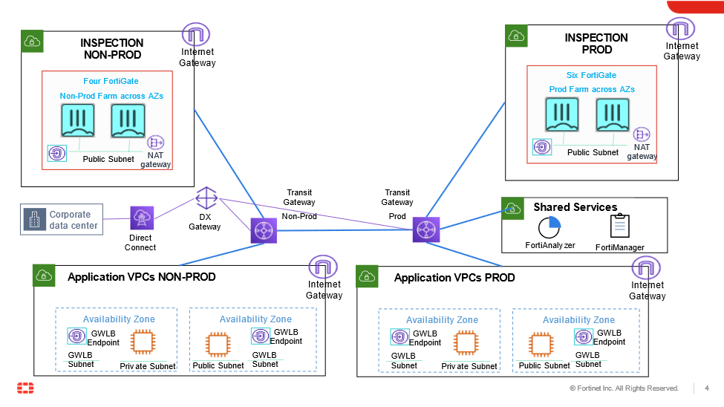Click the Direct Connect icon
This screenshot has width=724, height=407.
pos(141,218)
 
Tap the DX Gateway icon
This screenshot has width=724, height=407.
pos(206,198)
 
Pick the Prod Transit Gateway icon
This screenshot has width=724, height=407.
pos(426,229)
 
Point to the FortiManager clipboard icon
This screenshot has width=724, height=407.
pos(619,227)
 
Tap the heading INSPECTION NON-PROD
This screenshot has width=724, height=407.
pos(111,49)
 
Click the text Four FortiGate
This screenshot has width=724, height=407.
pos(111,81)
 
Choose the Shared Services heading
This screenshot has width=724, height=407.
pos(575,207)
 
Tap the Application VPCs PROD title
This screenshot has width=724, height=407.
pos(454,278)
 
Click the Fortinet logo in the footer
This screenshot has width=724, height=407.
pos(25,388)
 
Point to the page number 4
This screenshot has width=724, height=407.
pos(707,388)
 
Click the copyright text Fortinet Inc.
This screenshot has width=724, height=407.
pos(624,388)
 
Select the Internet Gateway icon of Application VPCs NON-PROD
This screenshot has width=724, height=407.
pos(323,268)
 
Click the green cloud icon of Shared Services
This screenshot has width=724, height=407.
pos(512,208)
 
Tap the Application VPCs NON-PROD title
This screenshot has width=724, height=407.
pos(141,277)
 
